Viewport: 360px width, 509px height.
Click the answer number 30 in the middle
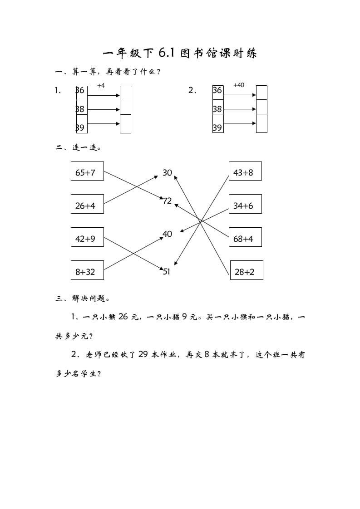point(167,172)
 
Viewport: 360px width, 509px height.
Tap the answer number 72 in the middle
point(168,201)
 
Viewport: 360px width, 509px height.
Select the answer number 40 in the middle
point(167,234)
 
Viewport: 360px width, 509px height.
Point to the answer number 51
point(166,272)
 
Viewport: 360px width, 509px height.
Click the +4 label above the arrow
point(101,85)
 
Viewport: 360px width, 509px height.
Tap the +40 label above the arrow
point(238,85)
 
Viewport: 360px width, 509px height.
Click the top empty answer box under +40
point(261,93)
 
